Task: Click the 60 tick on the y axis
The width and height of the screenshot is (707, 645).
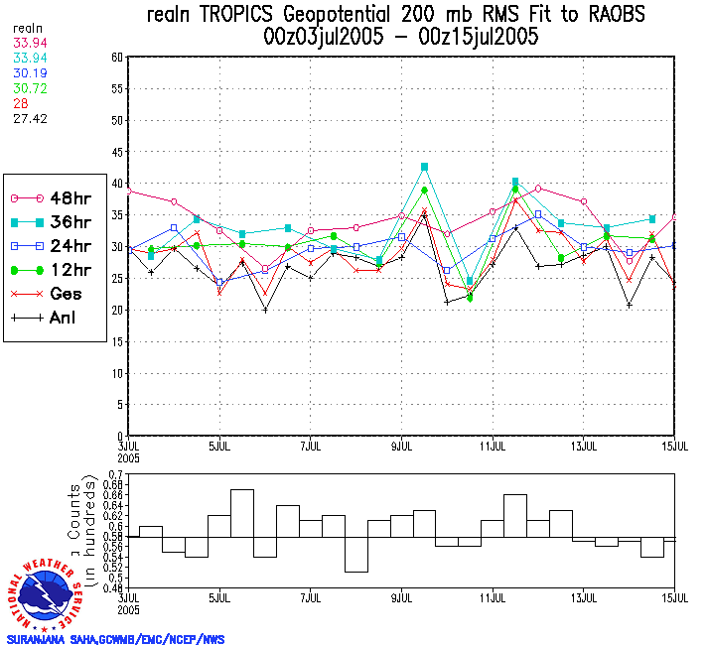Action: [116, 58]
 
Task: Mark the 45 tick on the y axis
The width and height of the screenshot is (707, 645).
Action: [116, 152]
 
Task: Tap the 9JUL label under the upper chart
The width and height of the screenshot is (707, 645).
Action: [401, 446]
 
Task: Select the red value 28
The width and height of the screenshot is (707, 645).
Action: [20, 103]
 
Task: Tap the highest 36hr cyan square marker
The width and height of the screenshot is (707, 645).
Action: [424, 167]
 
